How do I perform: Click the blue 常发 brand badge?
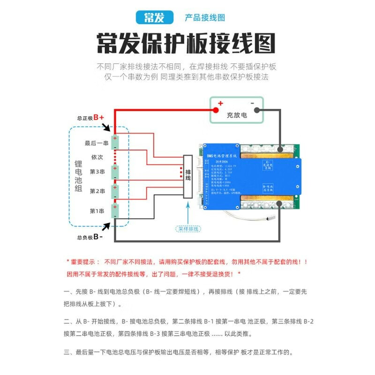(154, 18)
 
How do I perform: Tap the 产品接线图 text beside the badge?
(205, 18)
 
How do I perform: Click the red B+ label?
(98, 117)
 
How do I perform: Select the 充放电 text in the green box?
(237, 114)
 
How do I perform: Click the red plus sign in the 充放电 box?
(220, 104)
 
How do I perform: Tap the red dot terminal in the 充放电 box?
(216, 111)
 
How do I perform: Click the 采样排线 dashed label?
(188, 229)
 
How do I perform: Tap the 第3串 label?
(97, 172)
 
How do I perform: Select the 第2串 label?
(97, 191)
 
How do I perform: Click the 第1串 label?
(97, 210)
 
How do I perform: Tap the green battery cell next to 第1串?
(114, 210)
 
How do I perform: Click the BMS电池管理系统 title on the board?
(222, 155)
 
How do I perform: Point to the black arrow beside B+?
(105, 127)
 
